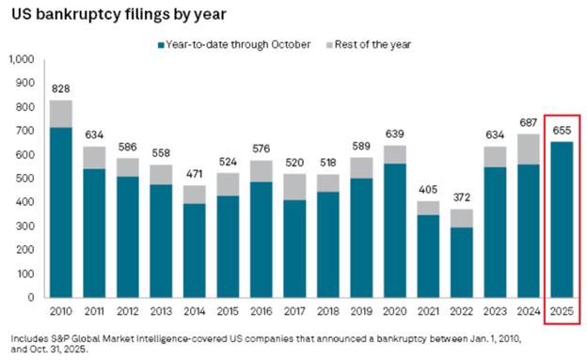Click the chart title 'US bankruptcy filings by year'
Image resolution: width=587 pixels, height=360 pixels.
[x=119, y=14]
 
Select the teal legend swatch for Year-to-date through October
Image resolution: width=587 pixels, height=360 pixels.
[x=162, y=45]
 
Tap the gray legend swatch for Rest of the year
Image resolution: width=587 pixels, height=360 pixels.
[x=329, y=45]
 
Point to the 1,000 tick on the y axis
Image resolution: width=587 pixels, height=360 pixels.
[x=22, y=59]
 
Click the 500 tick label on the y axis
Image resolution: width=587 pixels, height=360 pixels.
[x=25, y=179]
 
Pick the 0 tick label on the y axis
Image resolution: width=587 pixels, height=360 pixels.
[x=31, y=298]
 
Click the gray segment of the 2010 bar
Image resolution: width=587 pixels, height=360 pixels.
[x=61, y=114]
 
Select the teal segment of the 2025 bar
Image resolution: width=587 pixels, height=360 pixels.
[x=562, y=220]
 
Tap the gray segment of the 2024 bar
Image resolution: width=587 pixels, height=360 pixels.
[x=529, y=149]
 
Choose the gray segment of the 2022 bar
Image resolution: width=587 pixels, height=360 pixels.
[x=462, y=218]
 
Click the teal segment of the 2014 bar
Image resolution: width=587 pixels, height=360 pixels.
[x=195, y=251]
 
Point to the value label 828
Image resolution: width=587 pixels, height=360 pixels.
[x=60, y=88]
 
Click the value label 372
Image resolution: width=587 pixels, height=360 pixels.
[x=462, y=197]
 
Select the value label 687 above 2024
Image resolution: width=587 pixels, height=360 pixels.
[x=529, y=122]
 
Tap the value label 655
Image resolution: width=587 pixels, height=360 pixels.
[x=562, y=131]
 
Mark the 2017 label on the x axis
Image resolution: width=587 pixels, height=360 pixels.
[x=294, y=311]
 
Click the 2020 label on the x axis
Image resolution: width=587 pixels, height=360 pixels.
[x=395, y=311]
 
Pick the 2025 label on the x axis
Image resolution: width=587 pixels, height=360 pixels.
[x=562, y=311]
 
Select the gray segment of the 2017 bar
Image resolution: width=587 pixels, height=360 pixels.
[x=294, y=187]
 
